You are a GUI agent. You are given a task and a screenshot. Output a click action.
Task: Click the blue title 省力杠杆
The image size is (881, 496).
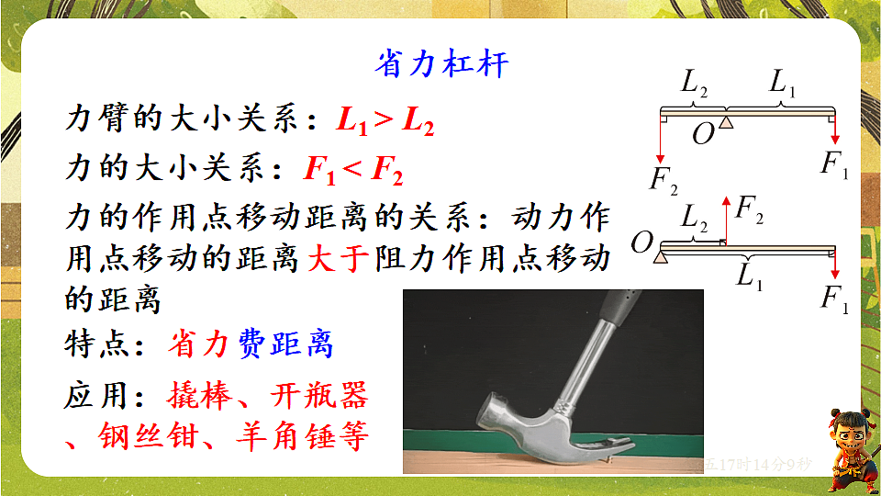pyautogui.click(x=441, y=64)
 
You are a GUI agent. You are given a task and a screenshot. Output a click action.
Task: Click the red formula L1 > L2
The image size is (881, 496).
pyautogui.click(x=385, y=120)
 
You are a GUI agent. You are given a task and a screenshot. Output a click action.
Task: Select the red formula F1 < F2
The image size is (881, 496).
pyautogui.click(x=352, y=170)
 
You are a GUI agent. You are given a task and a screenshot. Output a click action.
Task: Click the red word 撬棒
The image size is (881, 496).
pyautogui.click(x=197, y=396)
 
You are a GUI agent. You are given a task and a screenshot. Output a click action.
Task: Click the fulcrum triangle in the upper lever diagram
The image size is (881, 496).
pyautogui.click(x=726, y=121)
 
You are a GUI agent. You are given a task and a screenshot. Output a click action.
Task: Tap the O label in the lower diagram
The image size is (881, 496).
pyautogui.click(x=642, y=242)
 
